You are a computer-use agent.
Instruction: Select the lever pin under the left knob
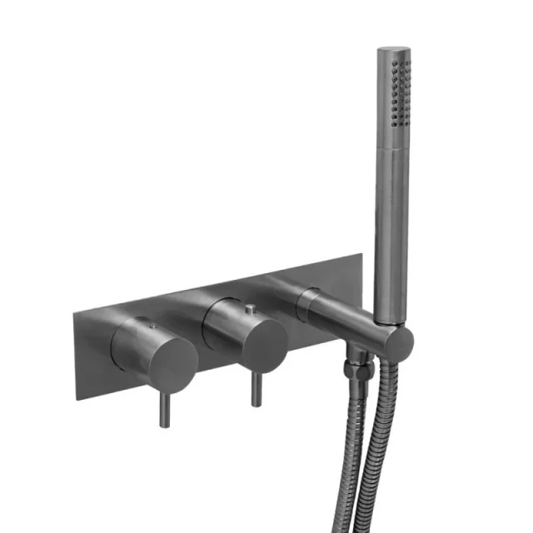164,408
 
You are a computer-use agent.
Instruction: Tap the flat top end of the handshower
392,51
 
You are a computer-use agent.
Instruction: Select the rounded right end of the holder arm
403,339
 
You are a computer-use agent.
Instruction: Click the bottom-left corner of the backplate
77,399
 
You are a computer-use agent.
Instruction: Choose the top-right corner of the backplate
361,254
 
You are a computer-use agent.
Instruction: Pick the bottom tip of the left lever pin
165,426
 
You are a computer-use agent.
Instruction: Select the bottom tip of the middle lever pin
256,405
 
